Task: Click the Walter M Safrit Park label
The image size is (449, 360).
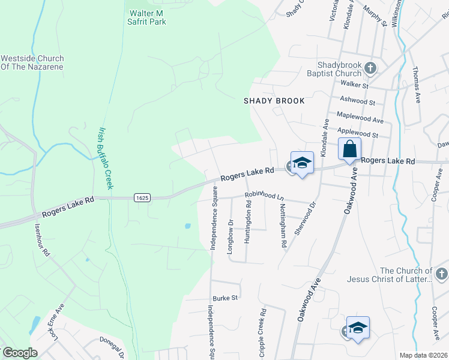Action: click(147, 17)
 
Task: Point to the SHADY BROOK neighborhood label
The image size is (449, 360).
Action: click(274, 101)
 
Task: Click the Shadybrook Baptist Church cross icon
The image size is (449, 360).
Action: click(370, 68)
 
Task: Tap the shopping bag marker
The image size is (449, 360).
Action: click(349, 149)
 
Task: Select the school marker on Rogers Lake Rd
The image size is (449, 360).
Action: click(302, 163)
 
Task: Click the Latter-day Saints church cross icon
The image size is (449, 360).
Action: click(442, 275)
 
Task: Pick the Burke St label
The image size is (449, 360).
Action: click(225, 298)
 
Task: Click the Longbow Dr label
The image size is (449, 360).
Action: click(230, 236)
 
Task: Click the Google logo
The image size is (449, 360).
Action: click(20, 353)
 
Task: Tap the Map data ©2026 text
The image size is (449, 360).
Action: click(423, 355)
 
